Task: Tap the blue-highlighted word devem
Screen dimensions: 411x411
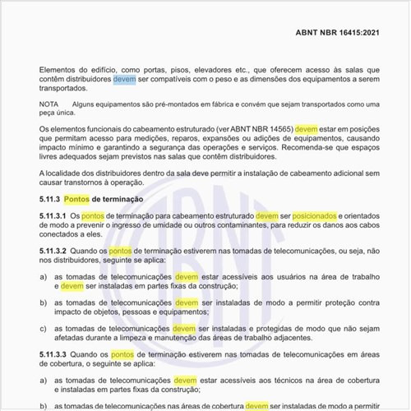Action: coord(124,79)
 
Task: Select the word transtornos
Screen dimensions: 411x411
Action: coord(90,182)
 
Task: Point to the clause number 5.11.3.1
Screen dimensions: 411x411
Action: coord(53,215)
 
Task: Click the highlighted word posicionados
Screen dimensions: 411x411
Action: coord(307,215)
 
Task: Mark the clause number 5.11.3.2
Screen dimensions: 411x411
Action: coord(53,250)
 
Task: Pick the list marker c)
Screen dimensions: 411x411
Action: coord(43,328)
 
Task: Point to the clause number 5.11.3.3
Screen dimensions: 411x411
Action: coord(53,354)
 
